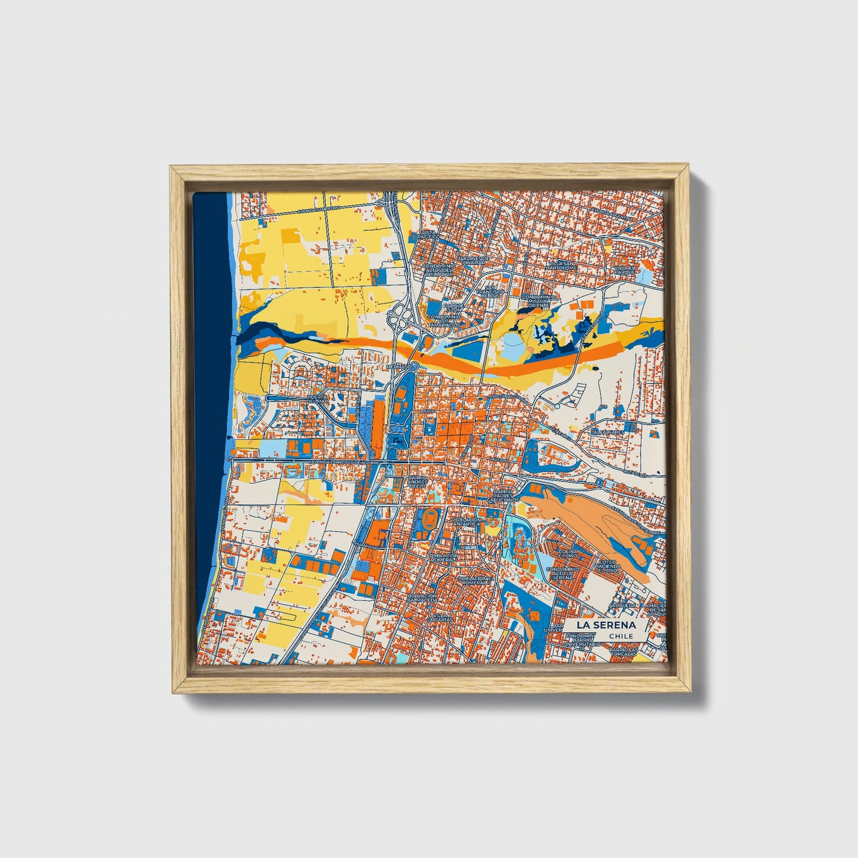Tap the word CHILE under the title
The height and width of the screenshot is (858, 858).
[621, 636]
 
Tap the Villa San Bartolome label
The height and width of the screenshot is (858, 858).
[562, 265]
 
